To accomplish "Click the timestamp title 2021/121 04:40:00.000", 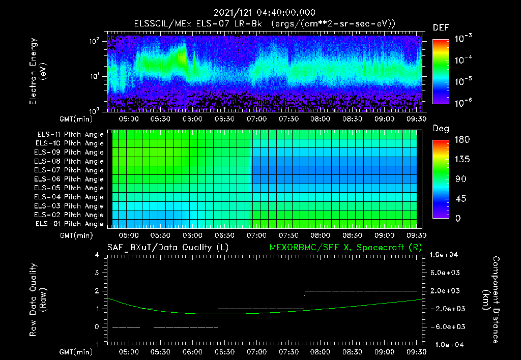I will point(264,13).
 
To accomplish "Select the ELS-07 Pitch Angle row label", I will point(69,170).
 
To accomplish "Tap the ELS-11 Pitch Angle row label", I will point(69,134).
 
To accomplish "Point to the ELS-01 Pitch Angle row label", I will point(69,224).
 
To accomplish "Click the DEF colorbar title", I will point(441,27).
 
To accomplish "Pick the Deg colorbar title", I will point(441,129).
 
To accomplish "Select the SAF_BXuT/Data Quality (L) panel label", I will point(167,247).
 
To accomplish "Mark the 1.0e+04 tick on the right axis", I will point(446,255).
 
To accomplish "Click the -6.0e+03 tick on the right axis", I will point(446,326).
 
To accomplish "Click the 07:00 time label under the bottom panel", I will point(256,351).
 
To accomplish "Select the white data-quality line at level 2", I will point(360,291).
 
